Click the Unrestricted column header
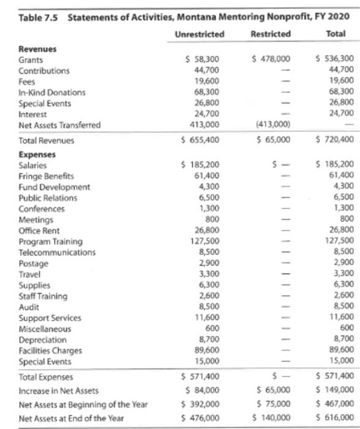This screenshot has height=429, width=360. pyautogui.click(x=199, y=34)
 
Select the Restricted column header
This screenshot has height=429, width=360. pyautogui.click(x=271, y=34)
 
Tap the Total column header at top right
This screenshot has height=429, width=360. pyautogui.click(x=336, y=34)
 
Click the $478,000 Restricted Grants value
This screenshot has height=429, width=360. pyautogui.click(x=271, y=59)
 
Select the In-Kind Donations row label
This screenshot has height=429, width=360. pyautogui.click(x=52, y=93)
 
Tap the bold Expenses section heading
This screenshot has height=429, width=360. pyautogui.click(x=35, y=155)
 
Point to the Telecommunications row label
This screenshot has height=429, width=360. pyautogui.click(x=57, y=252)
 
